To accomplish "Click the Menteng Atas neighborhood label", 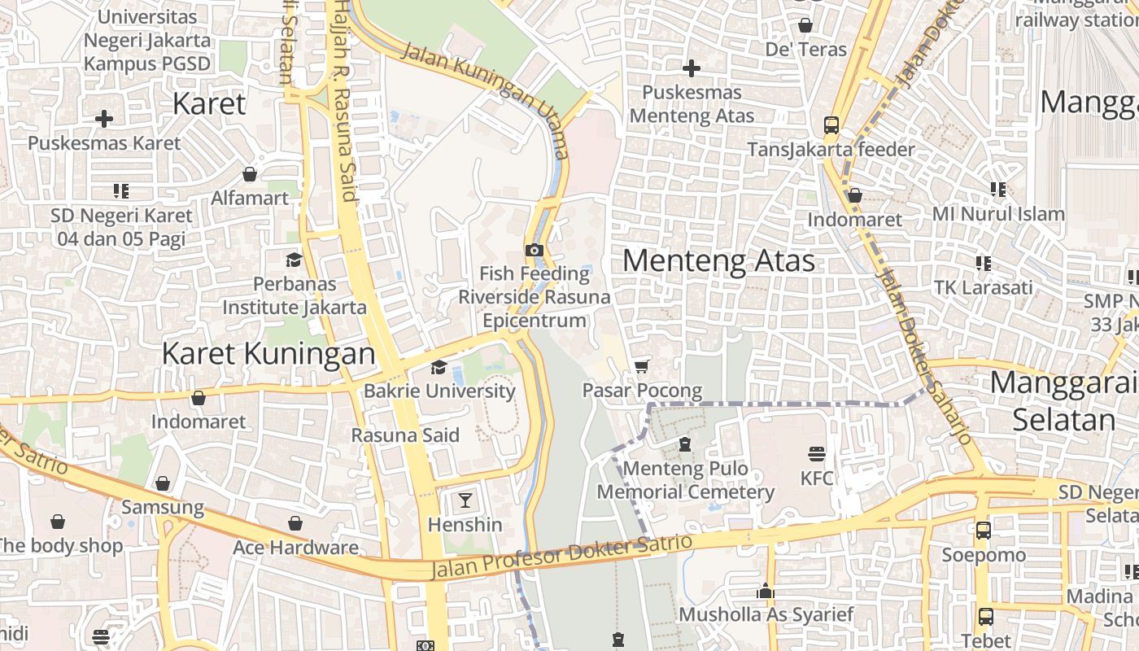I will [718, 260].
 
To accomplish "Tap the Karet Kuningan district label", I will [268, 354].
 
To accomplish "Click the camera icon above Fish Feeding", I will [534, 250].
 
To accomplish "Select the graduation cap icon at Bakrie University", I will [439, 368].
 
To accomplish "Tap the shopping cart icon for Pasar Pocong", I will [642, 366].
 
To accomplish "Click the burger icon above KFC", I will [817, 453].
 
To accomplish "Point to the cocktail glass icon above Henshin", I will [465, 500].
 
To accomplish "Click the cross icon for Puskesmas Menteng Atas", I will [692, 68].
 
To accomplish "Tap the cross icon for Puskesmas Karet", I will [104, 119].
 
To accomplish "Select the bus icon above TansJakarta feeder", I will [831, 125].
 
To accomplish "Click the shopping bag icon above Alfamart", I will [250, 174].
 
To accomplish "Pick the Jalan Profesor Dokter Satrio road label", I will [561, 556].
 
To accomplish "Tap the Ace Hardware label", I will [295, 548].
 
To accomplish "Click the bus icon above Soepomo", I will [983, 531].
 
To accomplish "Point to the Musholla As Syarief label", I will [766, 614].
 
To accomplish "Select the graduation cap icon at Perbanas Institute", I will [294, 260].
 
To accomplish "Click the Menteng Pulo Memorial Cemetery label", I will [686, 480].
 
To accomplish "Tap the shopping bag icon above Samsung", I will [163, 483].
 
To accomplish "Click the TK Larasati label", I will [983, 287].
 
